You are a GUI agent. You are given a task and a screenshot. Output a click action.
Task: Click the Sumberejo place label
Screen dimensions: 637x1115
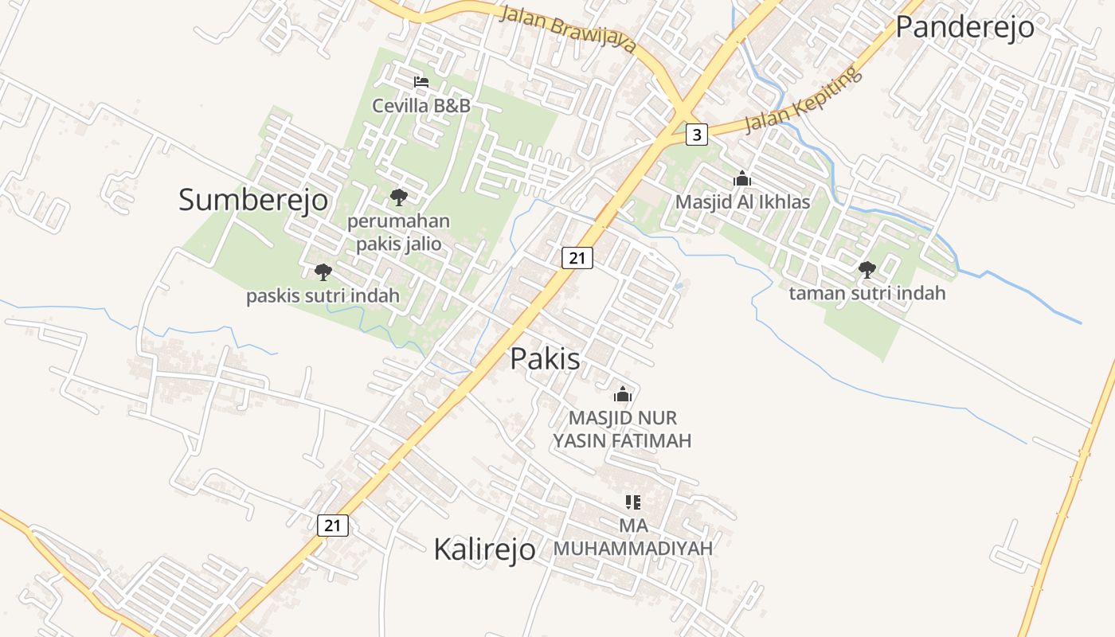pos(252,200)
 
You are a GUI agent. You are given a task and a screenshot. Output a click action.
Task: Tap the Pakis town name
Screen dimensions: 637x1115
pos(545,359)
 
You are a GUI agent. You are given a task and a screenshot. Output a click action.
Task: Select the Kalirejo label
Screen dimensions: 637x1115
pos(484,549)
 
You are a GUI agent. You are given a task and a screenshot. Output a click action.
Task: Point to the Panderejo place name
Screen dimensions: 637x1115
pos(964,27)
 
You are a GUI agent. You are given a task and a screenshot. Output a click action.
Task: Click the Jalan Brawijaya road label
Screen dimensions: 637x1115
pos(569,29)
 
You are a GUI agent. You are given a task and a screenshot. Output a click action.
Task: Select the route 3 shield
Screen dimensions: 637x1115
pos(697,135)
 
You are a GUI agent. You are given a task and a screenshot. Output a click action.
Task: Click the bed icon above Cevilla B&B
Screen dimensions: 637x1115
pos(421,82)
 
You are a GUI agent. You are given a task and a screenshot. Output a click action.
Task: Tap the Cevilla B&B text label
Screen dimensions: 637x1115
pos(421,105)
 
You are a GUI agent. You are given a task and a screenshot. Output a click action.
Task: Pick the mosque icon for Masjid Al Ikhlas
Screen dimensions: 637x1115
pos(742,179)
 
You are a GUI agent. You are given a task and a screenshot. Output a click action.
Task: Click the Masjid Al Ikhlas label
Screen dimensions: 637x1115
pos(742,202)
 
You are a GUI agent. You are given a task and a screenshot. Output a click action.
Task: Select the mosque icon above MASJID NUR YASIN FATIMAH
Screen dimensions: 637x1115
pos(623,394)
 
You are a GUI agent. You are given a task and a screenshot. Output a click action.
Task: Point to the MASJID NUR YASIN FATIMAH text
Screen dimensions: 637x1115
pos(623,429)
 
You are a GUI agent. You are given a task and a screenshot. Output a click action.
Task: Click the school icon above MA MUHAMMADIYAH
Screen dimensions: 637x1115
pos(633,502)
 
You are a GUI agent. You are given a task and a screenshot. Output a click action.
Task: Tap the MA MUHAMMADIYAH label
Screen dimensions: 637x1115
pos(633,537)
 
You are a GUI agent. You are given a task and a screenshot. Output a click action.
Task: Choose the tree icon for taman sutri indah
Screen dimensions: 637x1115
pos(867,270)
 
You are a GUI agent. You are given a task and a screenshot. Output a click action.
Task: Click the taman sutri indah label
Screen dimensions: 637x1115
pos(867,293)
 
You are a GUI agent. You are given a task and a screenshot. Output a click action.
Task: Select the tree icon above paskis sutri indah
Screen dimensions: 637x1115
pos(323,272)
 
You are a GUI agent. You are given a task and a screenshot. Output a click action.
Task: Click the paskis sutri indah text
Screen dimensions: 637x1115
pos(323,296)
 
